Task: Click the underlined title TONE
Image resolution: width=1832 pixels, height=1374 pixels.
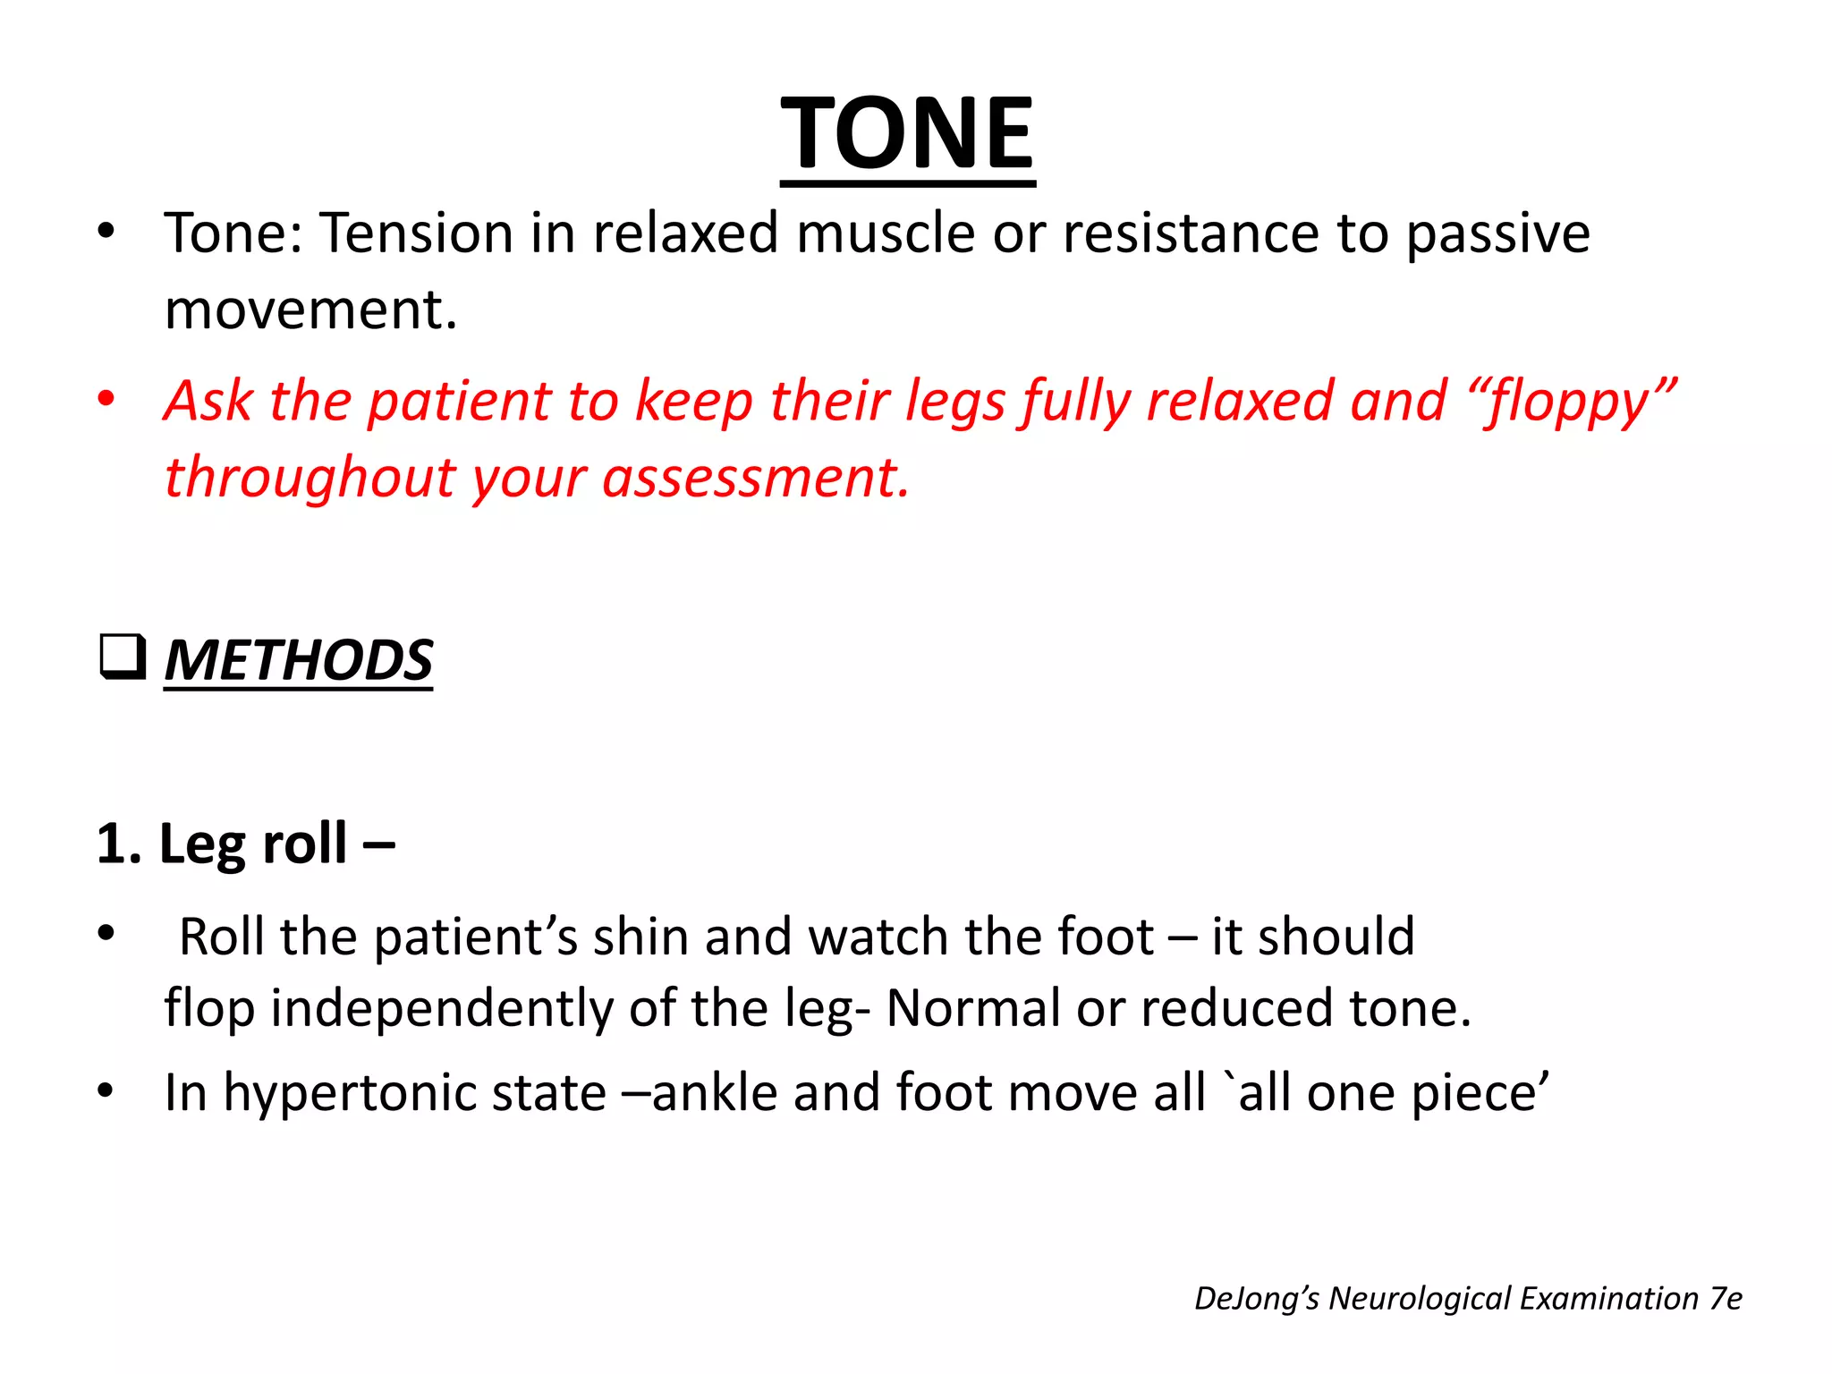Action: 907,134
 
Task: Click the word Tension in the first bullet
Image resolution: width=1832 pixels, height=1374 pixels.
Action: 417,233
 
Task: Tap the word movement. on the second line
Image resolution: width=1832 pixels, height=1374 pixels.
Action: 310,310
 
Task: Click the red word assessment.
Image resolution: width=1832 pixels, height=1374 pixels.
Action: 756,477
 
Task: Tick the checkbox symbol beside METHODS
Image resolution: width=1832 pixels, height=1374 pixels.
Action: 123,657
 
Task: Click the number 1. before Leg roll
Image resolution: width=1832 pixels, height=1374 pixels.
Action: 119,844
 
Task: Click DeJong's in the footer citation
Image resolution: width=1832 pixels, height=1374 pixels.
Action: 1256,1298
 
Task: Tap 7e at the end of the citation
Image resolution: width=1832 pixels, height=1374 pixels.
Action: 1726,1298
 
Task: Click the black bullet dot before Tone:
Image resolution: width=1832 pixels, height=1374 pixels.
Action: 106,231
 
